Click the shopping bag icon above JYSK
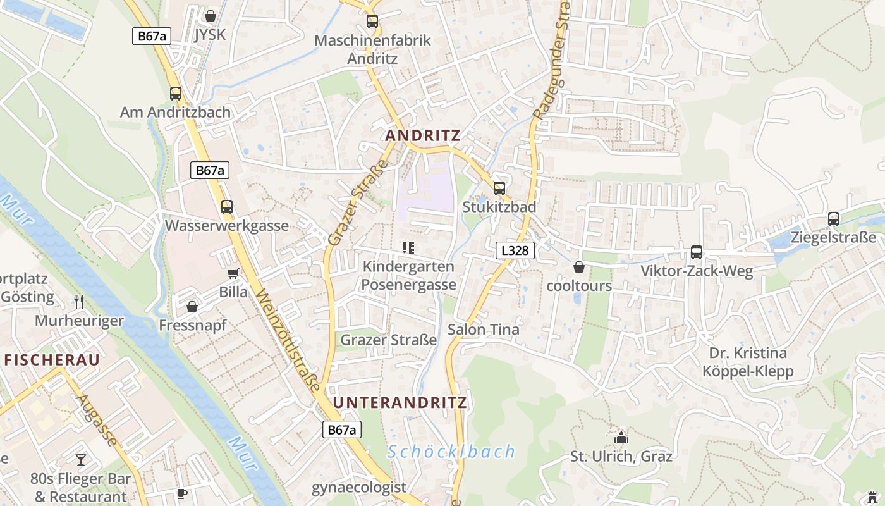pos(211,16)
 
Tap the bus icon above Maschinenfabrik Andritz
pos(372,22)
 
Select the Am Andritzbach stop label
pos(176,113)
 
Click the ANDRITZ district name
pos(423,135)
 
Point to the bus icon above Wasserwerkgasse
pos(227,207)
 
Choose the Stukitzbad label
pos(499,207)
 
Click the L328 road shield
pos(515,250)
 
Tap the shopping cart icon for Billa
pos(233,273)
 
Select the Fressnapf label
pos(193,325)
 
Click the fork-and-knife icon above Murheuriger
pos(79,301)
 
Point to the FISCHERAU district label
pos(52,360)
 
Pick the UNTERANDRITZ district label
pos(400,403)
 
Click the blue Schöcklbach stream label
pos(451,452)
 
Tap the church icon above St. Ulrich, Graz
pos(621,438)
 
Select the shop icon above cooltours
pos(578,268)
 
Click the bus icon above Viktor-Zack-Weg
pos(697,252)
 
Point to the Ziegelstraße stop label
pos(833,238)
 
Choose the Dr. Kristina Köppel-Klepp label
pos(748,362)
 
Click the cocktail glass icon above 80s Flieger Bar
pos(81,460)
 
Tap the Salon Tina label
pos(484,330)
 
